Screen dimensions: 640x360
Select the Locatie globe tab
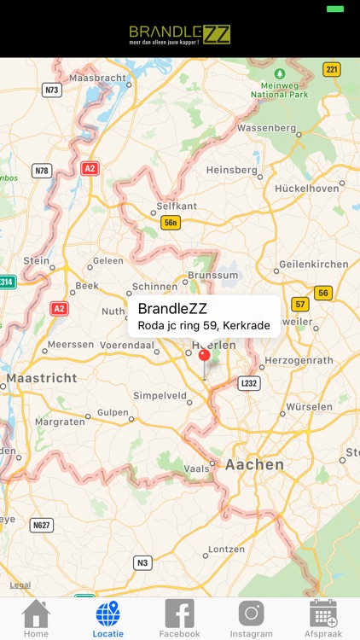[x=108, y=614]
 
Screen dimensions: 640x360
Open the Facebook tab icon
[x=179, y=614]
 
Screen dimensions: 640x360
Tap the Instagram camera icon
[x=251, y=614]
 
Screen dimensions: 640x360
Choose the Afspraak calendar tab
[x=323, y=614]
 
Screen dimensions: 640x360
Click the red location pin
[x=204, y=357]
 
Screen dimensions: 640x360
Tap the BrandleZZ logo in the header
[x=180, y=34]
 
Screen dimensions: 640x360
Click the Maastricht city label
[x=42, y=377]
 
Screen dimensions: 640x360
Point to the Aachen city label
[x=254, y=464]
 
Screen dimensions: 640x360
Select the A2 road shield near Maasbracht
[x=90, y=169]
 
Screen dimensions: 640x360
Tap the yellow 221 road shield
[x=332, y=69]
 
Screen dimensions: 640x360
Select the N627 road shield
[x=42, y=524]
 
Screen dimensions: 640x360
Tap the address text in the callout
[x=204, y=325]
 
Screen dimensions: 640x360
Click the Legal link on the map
[x=20, y=585]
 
